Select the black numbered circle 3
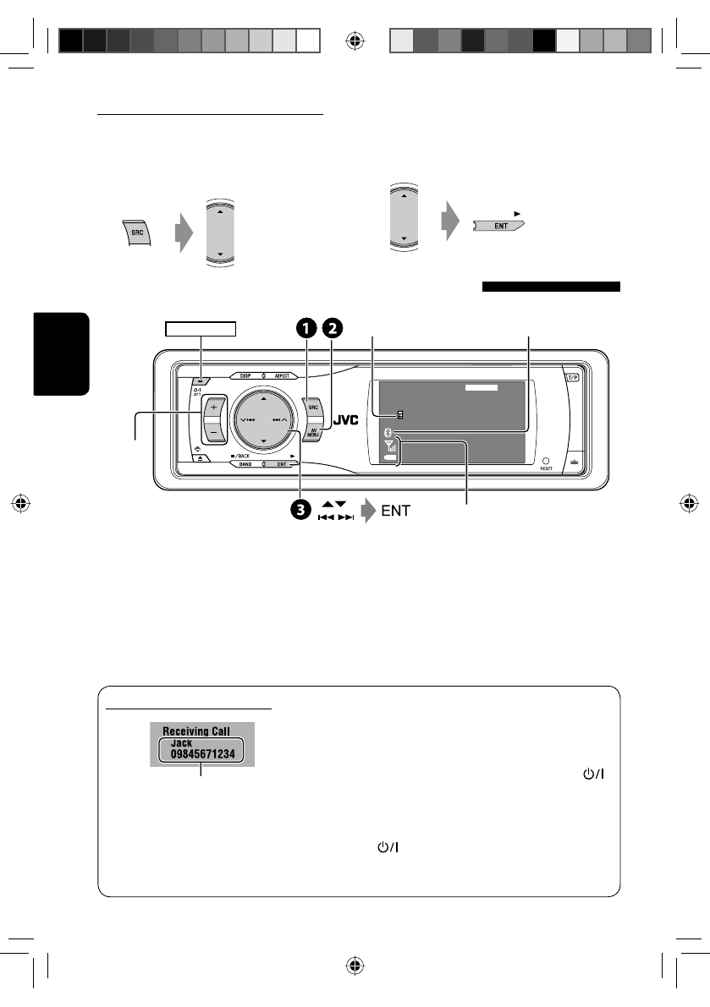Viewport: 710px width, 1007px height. [300, 510]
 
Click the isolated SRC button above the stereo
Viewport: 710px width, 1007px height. [136, 232]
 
